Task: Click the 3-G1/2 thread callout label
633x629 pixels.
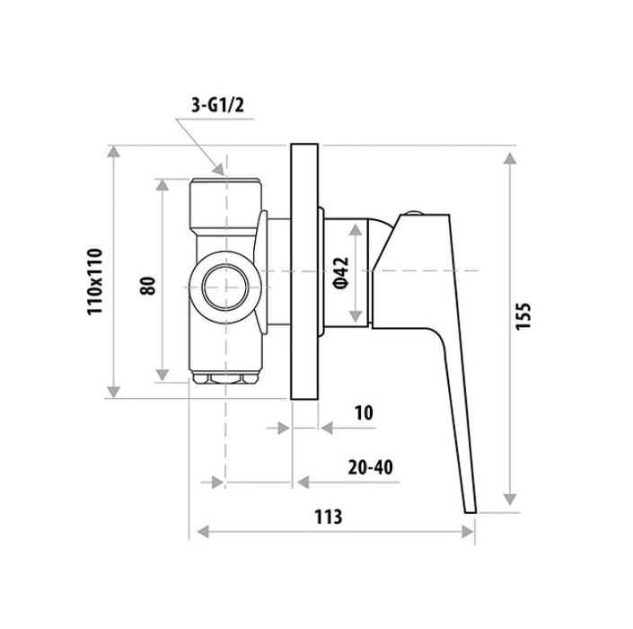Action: (218, 106)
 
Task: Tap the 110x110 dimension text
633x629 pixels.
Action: (95, 281)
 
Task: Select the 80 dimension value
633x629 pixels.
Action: (148, 286)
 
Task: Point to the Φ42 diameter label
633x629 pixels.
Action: (340, 273)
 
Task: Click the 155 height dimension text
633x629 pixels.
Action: (523, 316)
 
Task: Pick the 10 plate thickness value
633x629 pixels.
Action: (364, 412)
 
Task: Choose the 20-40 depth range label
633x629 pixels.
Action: (370, 467)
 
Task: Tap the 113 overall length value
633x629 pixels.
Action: (329, 517)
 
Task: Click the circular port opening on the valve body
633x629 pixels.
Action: (224, 288)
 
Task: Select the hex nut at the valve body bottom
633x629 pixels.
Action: (225, 378)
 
